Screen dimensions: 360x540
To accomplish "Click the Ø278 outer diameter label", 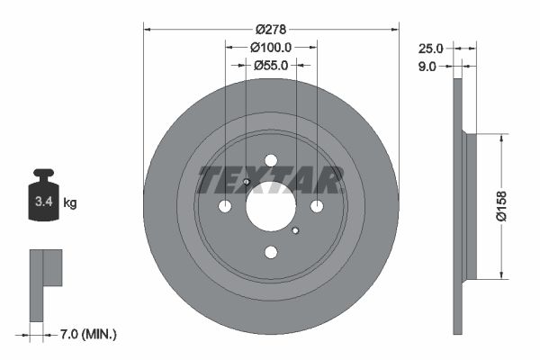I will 271,29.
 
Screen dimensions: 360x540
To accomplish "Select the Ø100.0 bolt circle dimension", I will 271,47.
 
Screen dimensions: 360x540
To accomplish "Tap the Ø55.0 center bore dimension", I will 271,65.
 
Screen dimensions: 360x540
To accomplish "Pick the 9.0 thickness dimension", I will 427,66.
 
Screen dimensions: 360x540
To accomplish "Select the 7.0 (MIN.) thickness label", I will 87,335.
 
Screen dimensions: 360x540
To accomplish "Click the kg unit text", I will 71,203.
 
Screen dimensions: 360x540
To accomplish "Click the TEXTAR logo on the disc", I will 270,180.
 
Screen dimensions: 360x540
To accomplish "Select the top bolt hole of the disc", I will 271,160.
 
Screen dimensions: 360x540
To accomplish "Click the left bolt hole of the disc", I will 225,207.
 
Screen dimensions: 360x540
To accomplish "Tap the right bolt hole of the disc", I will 317,207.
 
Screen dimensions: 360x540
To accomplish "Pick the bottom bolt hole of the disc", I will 271,253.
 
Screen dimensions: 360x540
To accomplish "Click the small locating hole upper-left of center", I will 246,183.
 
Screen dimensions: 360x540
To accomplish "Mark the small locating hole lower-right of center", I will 295,231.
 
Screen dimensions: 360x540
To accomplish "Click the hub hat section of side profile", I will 467,206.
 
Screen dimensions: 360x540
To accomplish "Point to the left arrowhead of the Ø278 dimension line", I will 147,29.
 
